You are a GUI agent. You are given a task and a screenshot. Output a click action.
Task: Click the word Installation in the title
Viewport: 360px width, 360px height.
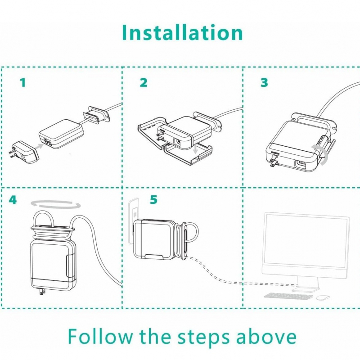click(x=182, y=33)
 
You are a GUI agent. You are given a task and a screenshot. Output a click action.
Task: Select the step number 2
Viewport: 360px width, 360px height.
click(x=144, y=83)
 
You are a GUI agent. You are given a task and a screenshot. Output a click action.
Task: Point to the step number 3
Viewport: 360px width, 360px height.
click(x=264, y=83)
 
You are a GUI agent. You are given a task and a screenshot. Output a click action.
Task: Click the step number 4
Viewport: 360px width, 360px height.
click(x=13, y=199)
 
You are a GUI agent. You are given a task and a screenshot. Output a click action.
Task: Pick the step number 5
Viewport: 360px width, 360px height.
click(x=154, y=199)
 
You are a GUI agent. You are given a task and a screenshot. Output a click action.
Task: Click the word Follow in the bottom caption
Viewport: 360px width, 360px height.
click(x=100, y=337)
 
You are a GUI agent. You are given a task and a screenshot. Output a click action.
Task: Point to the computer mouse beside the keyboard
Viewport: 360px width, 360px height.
click(x=322, y=297)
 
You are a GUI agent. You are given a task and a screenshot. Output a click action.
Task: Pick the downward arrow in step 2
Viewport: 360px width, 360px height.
click(x=195, y=153)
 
